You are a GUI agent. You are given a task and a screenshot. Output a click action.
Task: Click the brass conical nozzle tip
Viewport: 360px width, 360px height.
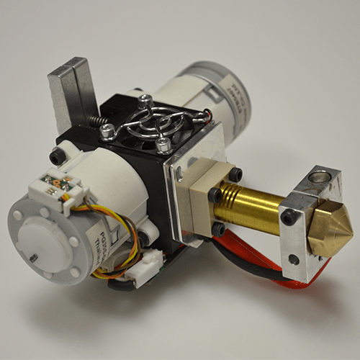click(331, 230)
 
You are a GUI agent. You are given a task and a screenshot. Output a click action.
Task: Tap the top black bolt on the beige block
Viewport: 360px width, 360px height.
click(235, 174)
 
